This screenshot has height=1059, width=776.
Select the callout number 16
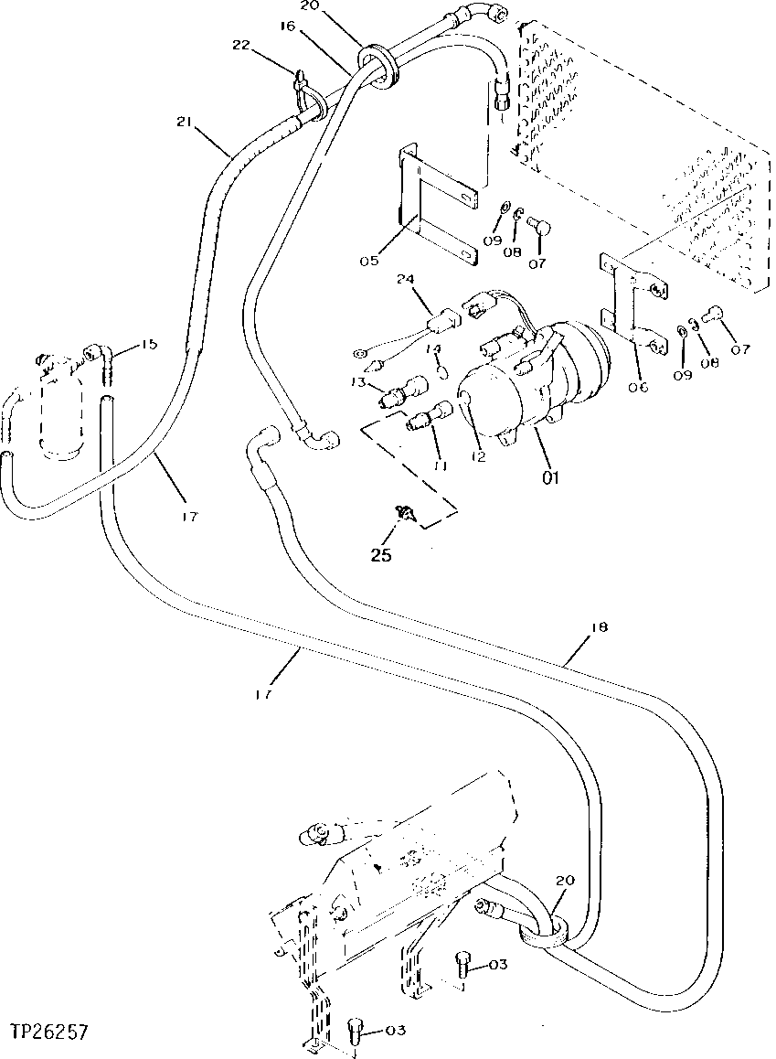click(x=288, y=27)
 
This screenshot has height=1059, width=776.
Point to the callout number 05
click(x=370, y=261)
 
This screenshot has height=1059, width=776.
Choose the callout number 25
click(x=380, y=555)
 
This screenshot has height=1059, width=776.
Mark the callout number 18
click(x=599, y=628)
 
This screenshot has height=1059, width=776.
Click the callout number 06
click(x=637, y=387)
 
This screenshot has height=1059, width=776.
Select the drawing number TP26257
click(x=50, y=1032)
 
